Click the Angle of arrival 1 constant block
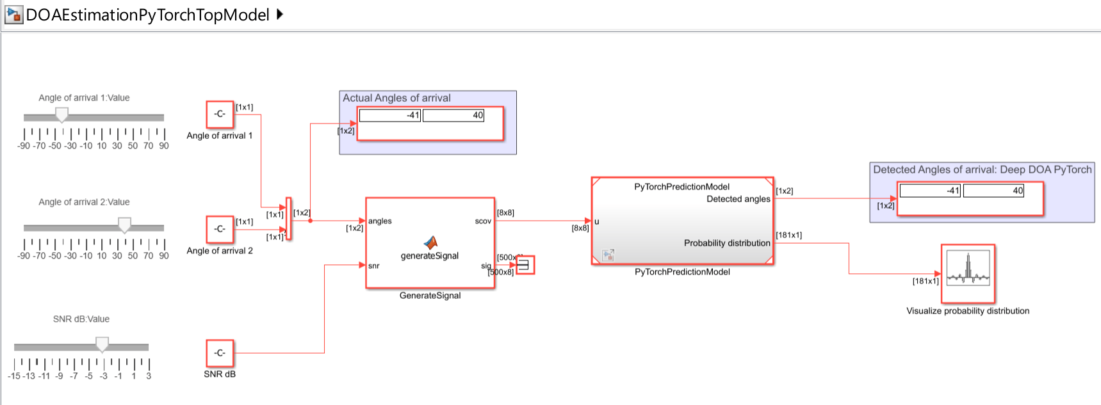tap(220, 115)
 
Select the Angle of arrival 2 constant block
tap(220, 229)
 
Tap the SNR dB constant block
tap(220, 353)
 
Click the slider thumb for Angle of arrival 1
tap(61, 115)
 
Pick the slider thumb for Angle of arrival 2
tap(125, 225)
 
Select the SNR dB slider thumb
tap(102, 344)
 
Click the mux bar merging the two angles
tap(289, 219)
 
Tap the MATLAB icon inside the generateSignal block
tap(430, 242)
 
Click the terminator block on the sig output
tap(525, 265)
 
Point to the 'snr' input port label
tap(374, 266)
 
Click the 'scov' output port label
tap(483, 221)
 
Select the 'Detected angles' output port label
tap(738, 199)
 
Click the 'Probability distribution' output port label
tap(727, 243)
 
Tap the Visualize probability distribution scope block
tap(968, 274)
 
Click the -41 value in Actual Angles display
tap(413, 115)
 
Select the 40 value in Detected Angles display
tap(1018, 191)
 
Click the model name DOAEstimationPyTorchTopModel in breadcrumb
tap(147, 15)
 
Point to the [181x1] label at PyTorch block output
tap(789, 235)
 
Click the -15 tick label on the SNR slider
tap(14, 376)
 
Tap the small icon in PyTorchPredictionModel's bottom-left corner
tap(608, 255)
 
